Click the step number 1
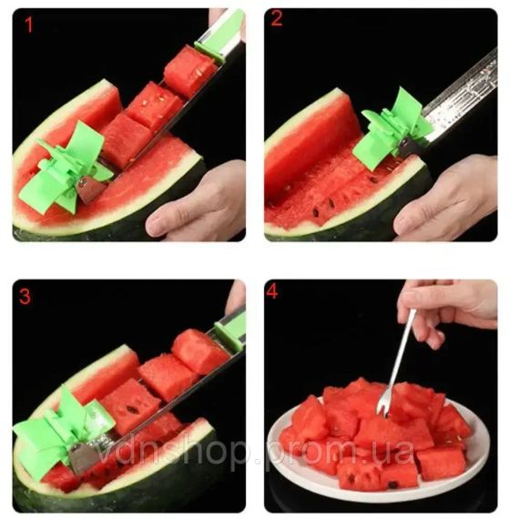click(x=28, y=25)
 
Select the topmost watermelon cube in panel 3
click(x=199, y=351)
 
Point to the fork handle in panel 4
click(x=401, y=351)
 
